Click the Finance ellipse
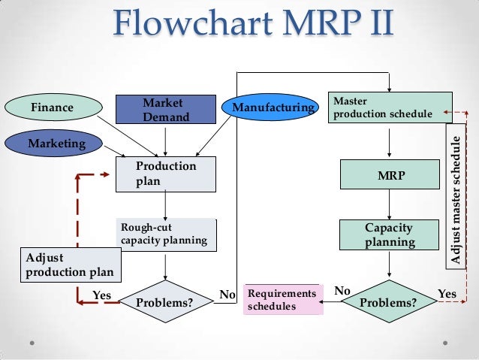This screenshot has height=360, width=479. point(52,107)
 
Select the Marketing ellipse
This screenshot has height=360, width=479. point(56,142)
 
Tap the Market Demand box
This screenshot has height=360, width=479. point(165,109)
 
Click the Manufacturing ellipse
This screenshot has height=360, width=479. point(271,108)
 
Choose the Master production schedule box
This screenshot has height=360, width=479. point(390,107)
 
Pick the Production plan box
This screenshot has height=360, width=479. point(165,174)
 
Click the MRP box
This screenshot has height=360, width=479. point(389,174)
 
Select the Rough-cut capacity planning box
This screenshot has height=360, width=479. point(165,234)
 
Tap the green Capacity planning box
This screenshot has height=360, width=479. point(389,234)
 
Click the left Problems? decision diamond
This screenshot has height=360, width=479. point(165,302)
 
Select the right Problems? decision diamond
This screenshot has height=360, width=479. point(389,302)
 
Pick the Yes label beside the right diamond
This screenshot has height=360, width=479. point(446,293)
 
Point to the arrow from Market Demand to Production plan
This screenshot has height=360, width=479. point(165,140)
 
